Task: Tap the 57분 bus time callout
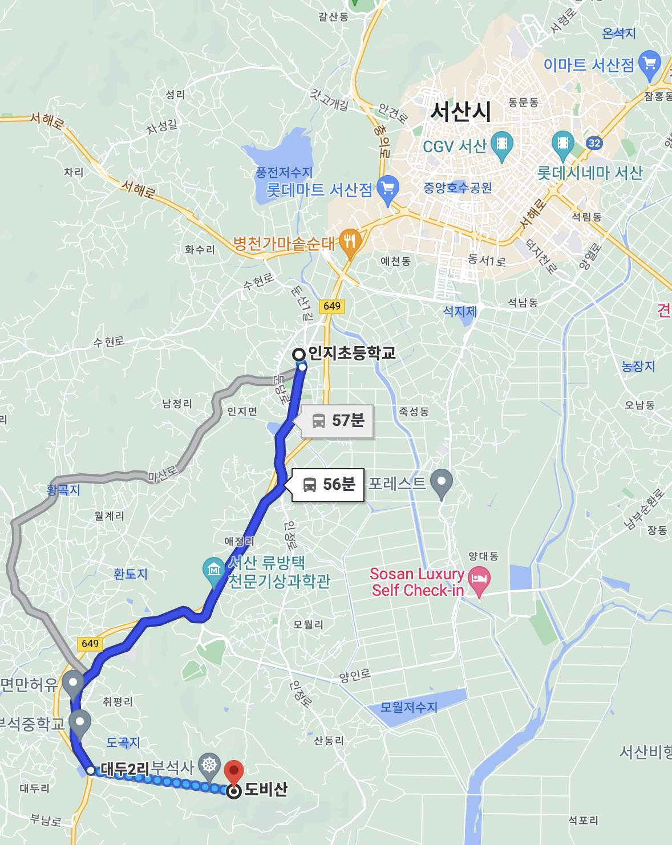(337, 421)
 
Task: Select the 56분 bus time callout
(328, 485)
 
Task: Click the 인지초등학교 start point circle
(299, 354)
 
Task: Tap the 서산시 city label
(460, 111)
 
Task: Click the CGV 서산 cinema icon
(502, 144)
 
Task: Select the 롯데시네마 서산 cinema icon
(562, 144)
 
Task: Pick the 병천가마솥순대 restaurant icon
(350, 242)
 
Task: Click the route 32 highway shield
(594, 143)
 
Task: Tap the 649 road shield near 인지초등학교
(332, 306)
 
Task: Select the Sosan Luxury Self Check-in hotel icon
(479, 580)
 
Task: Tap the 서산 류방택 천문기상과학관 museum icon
(214, 570)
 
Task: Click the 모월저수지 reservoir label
(408, 707)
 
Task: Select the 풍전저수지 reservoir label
(284, 172)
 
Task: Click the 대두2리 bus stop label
(125, 769)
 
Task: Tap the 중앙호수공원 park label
(458, 188)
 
